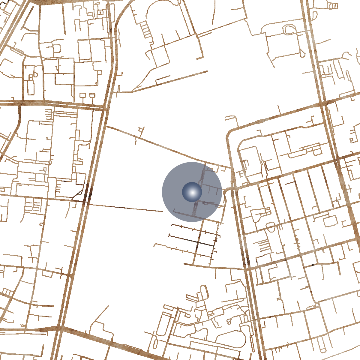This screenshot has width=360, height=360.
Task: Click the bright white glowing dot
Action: [x=192, y=192]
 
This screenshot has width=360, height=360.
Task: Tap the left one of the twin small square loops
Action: [x=82, y=95]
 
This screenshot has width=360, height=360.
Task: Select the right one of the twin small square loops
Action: [x=92, y=95]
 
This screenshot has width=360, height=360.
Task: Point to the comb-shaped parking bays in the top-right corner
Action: [x=332, y=6]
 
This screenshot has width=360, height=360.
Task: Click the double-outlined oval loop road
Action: [x=289, y=30]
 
